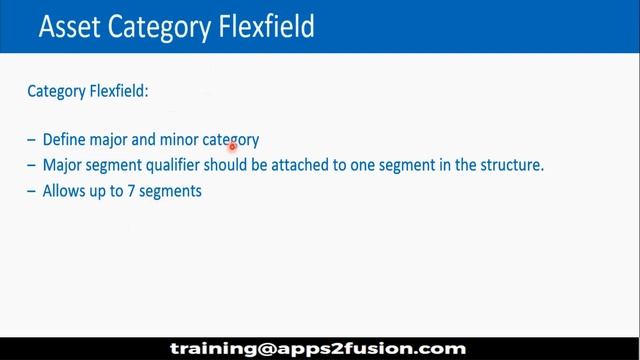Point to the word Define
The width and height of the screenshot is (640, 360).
point(66,140)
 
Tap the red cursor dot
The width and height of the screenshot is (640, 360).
point(232,146)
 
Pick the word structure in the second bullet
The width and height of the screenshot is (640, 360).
point(510,165)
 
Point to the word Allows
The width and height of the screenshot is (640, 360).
point(64,190)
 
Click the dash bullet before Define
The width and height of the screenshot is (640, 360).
point(33,140)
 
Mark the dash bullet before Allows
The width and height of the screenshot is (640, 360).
point(33,190)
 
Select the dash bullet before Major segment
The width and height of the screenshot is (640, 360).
point(33,165)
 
